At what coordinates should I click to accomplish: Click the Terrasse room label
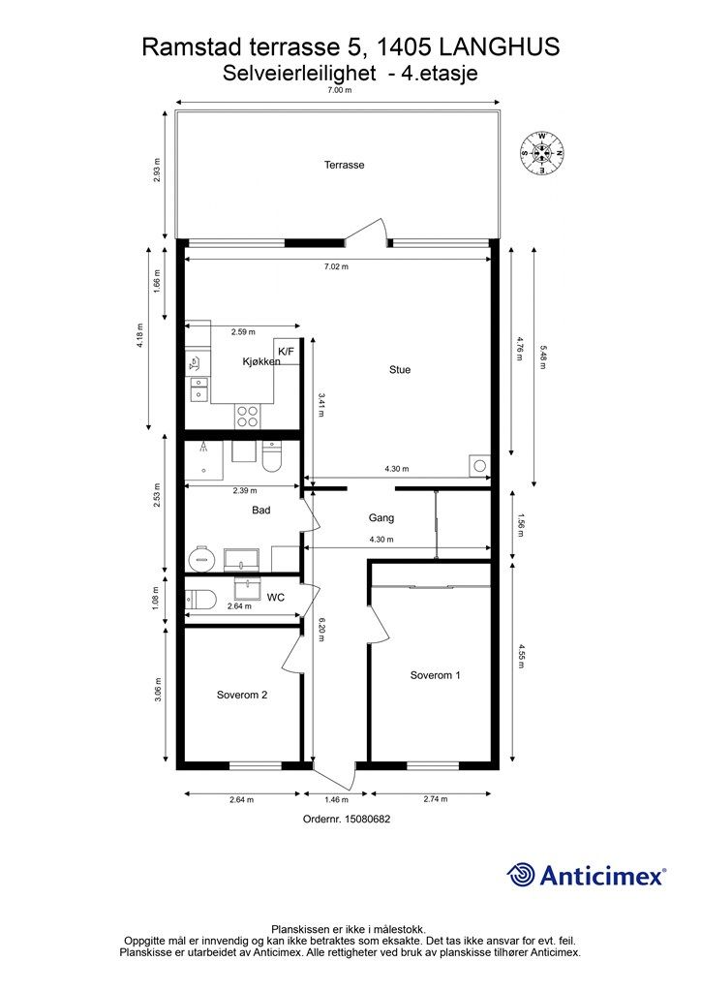point(344,165)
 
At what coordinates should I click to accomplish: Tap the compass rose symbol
point(541,152)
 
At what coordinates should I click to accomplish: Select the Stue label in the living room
point(400,369)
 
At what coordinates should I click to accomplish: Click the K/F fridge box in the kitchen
point(286,352)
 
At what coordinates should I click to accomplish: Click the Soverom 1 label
point(435,675)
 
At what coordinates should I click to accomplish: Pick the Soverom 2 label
point(241,695)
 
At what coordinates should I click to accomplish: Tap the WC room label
point(276,597)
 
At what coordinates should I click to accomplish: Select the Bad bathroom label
point(261,510)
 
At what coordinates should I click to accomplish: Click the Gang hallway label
point(381,517)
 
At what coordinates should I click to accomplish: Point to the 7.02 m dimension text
point(336,266)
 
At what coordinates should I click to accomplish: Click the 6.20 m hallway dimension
point(321,630)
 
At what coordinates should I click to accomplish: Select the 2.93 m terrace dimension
point(157,170)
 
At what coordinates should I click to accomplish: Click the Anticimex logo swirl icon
point(521,875)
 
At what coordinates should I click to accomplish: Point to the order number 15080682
point(367,819)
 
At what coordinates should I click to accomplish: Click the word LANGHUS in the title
point(499,46)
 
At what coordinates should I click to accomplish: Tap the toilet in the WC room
point(201,598)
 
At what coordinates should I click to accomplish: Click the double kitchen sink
point(199,387)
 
